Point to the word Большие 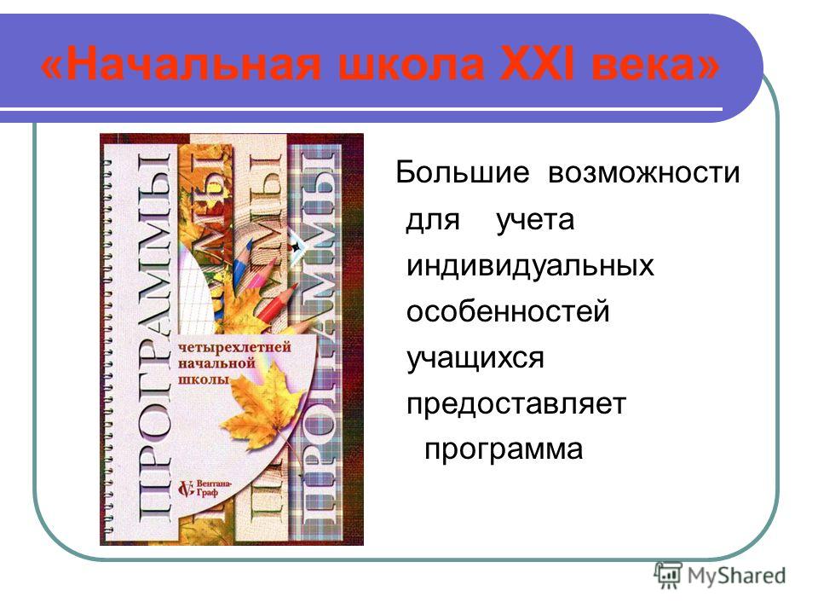click(462, 171)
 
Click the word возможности click(644, 173)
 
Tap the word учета click(535, 220)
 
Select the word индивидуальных click(530, 265)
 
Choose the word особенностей click(508, 311)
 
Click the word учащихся click(475, 358)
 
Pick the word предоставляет click(516, 404)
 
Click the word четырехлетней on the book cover click(234, 348)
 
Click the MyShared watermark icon click(668, 576)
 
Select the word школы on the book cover click(204, 379)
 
